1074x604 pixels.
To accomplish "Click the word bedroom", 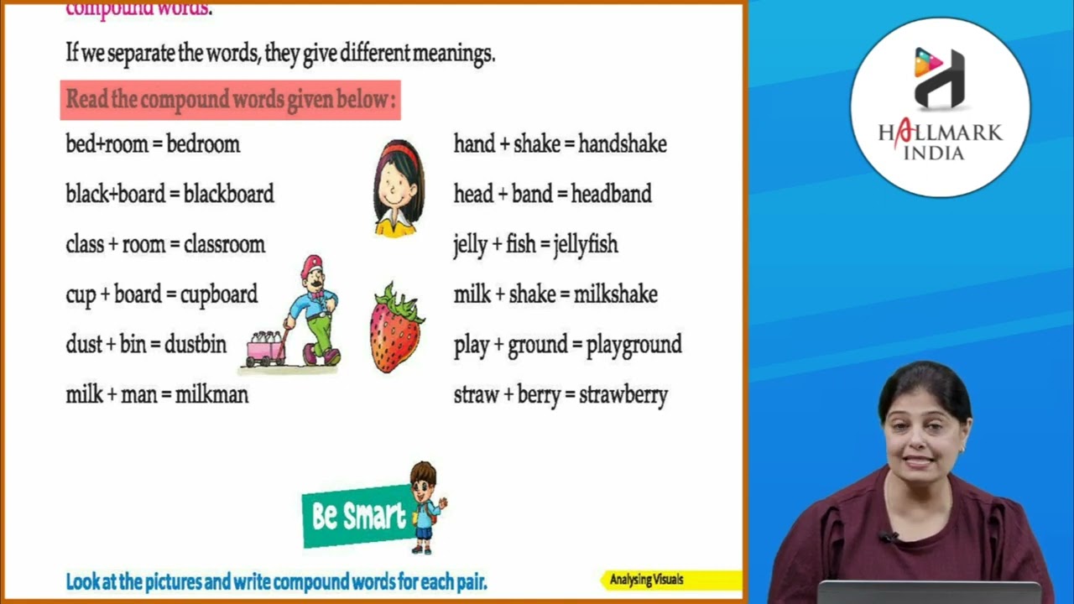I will point(203,144).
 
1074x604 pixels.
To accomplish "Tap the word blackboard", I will point(228,195).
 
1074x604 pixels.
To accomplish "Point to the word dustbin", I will point(195,345).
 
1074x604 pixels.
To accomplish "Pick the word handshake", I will point(623,144).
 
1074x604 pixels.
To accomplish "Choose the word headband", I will point(611,195).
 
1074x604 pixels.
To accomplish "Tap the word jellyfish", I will point(586,245).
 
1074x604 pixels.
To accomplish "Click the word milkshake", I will point(615,295).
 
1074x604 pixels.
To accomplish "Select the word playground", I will point(633,346).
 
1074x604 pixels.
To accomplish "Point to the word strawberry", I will point(623,395).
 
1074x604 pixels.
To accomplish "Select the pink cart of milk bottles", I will point(265,347).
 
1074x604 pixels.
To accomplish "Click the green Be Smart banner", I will point(357,516).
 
